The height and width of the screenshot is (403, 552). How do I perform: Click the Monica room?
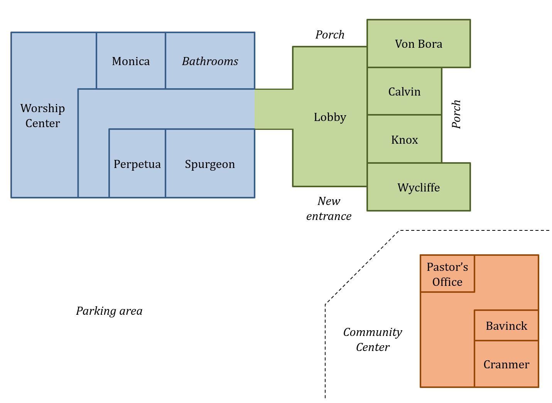pos(131,61)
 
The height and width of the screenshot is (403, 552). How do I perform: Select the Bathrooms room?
pos(210,61)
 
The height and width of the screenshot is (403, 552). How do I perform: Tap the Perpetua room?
pos(137,164)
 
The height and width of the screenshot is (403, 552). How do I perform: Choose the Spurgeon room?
pos(210,164)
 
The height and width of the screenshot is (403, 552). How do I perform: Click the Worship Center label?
pos(42,116)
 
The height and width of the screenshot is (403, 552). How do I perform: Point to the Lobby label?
pos(330,117)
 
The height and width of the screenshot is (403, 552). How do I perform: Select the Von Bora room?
pos(419,44)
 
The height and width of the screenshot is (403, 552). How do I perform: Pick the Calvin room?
pos(404,91)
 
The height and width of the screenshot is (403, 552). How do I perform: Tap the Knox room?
pos(404,139)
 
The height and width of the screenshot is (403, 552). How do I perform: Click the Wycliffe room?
pos(419,187)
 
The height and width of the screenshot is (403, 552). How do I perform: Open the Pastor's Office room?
pos(447,274)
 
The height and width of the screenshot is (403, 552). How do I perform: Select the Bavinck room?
pos(506,326)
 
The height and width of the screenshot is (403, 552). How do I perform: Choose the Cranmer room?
pos(506,364)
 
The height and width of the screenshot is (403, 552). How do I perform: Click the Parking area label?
pos(109,311)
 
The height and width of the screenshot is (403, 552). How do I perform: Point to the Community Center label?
pos(373,339)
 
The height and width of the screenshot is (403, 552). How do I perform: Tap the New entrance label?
pos(329,208)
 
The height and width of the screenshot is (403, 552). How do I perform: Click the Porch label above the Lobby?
pos(330,35)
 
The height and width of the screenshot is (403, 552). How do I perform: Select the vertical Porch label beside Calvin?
pos(456,114)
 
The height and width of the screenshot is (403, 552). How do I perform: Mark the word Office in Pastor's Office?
pos(447,282)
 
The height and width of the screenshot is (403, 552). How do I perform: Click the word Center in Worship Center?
pos(42,123)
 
